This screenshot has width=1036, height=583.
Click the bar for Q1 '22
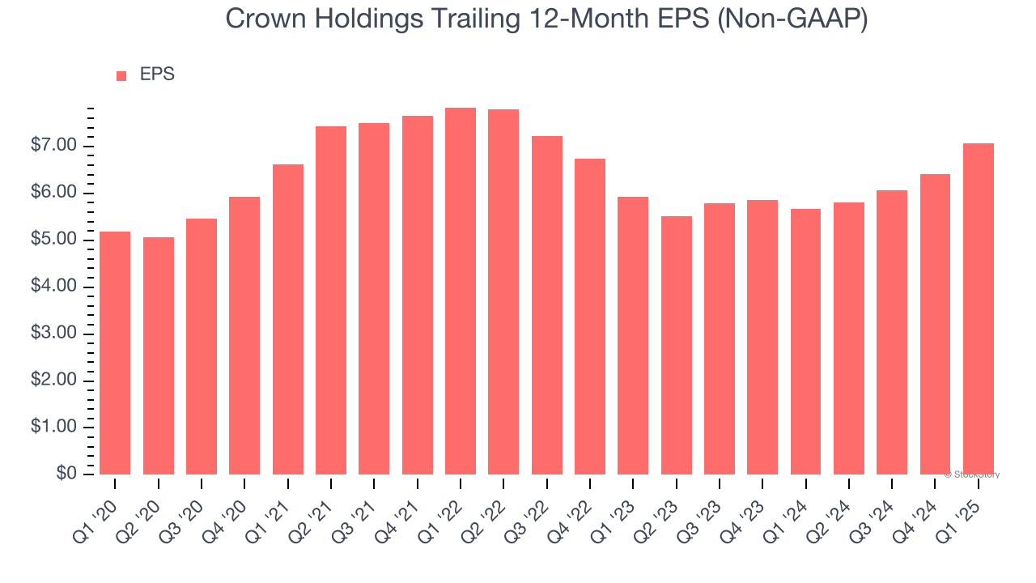461,291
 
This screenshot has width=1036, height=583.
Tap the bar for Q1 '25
979,309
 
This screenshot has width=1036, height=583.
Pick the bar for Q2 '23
677,346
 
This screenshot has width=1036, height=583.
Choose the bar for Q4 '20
244,336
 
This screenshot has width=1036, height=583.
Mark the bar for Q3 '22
547,305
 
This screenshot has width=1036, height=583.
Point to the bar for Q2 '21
331,300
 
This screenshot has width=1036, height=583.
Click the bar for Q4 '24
936,324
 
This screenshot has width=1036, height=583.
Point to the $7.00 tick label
54,146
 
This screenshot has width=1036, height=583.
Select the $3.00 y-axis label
54,334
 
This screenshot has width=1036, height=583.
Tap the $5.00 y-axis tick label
54,240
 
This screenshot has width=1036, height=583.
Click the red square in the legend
121,75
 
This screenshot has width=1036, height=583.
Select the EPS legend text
157,74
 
